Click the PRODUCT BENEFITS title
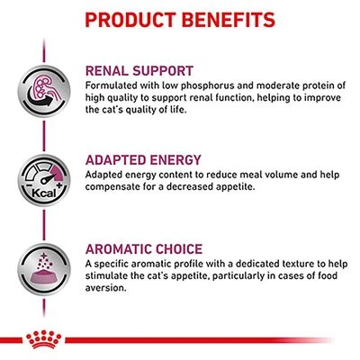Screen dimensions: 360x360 180,18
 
